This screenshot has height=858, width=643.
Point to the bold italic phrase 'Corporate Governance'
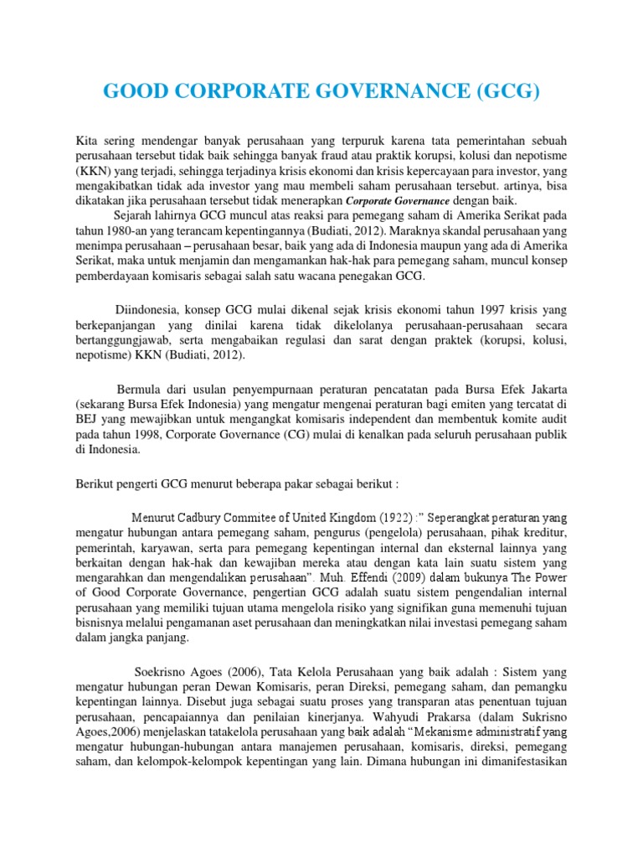pyautogui.click(x=398, y=201)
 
